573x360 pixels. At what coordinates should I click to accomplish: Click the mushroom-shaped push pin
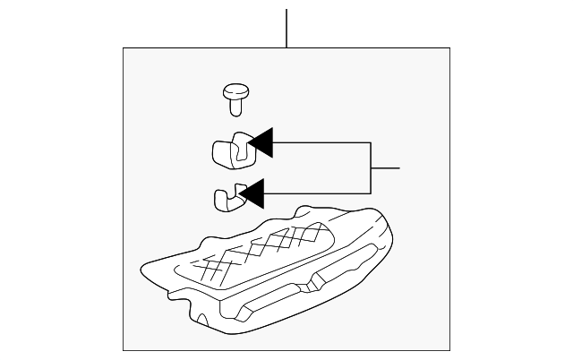click(235, 97)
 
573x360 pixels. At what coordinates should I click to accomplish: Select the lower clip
click(227, 197)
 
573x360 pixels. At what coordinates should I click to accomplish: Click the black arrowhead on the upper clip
click(260, 143)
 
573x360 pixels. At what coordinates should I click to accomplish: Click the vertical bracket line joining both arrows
click(371, 167)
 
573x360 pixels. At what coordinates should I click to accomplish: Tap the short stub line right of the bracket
click(385, 167)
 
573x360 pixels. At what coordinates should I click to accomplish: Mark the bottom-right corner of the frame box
click(449, 350)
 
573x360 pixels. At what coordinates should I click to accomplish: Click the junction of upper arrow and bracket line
click(371, 143)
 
